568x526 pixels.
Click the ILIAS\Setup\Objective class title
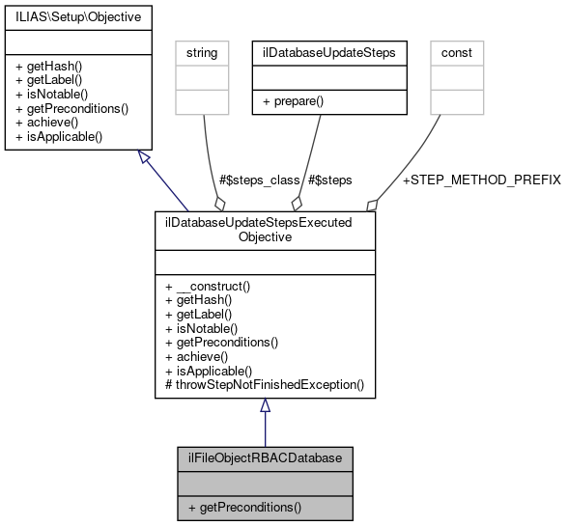[x=71, y=17]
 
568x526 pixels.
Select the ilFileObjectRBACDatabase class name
[x=265, y=456]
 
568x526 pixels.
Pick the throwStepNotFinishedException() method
[x=265, y=384]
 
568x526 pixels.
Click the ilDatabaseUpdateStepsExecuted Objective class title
[x=265, y=229]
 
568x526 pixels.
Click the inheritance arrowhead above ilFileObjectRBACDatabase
[x=265, y=406]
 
